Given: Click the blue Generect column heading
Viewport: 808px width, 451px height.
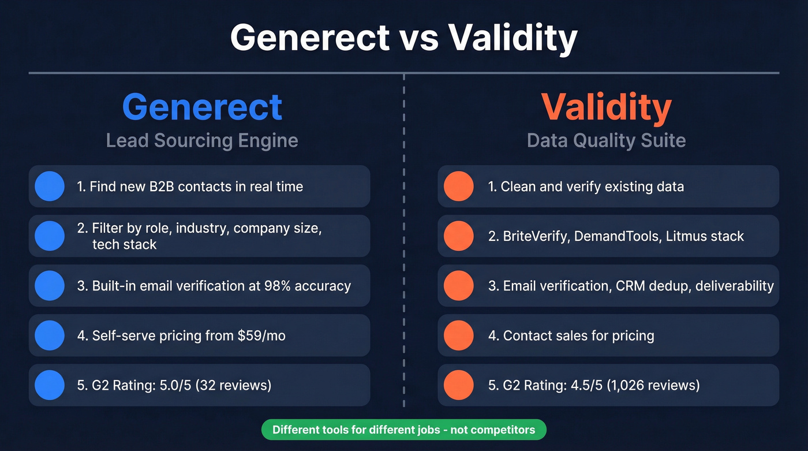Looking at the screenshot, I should (x=202, y=107).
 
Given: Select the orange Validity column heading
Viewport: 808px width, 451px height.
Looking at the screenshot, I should (x=606, y=107).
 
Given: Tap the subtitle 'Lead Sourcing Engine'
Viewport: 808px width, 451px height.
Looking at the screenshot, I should (x=202, y=140).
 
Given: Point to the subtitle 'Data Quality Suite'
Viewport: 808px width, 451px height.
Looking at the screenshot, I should (x=606, y=140).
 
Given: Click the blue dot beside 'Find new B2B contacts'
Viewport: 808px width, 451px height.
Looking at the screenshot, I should (x=50, y=187).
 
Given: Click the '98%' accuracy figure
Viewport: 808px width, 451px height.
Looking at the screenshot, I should (x=279, y=286).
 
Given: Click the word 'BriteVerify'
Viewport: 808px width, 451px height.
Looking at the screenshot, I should (x=535, y=236).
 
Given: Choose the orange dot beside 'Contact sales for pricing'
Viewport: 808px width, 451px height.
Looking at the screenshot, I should (x=458, y=336).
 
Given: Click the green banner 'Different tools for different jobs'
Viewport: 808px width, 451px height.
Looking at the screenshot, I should (x=403, y=430).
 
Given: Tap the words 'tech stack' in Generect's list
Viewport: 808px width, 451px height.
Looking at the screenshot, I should (x=124, y=244).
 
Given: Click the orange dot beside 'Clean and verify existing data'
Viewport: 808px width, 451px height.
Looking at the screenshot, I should (x=458, y=187).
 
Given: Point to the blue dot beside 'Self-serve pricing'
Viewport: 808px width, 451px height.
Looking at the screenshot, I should (x=50, y=336).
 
